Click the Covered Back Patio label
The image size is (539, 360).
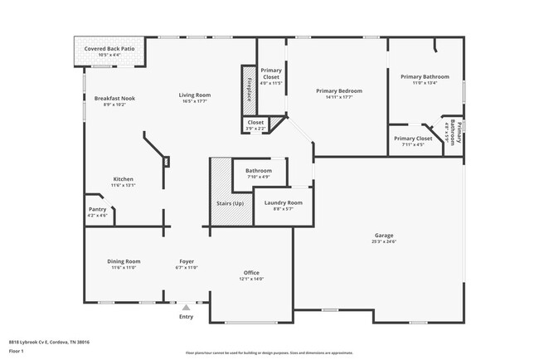(x=109, y=49)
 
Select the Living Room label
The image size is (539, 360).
(x=192, y=95)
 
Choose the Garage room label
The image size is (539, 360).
(x=383, y=235)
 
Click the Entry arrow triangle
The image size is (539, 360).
(x=186, y=307)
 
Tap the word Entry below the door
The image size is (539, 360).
(x=186, y=316)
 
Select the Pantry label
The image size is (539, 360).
(x=97, y=209)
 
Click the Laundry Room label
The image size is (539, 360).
(x=283, y=202)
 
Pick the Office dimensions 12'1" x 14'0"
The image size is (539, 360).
(x=251, y=279)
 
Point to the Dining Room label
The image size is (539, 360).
(x=123, y=261)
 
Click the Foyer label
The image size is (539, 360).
(x=187, y=261)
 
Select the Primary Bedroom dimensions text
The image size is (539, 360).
(x=338, y=97)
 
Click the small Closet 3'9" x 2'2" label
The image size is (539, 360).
(x=255, y=122)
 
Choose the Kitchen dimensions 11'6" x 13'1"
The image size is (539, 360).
(x=123, y=185)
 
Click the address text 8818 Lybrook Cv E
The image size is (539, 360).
(x=49, y=341)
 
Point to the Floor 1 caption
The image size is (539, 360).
(x=17, y=351)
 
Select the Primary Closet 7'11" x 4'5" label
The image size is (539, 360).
(x=412, y=139)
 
